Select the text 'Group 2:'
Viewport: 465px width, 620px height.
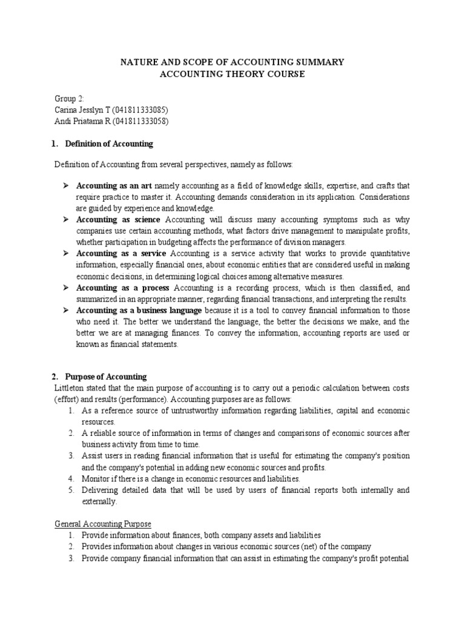point(69,98)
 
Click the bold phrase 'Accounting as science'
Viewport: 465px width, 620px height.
point(118,219)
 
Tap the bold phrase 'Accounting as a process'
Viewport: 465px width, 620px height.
point(122,288)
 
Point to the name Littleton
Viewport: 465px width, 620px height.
point(71,388)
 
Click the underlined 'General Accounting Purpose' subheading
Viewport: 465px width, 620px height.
point(103,524)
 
